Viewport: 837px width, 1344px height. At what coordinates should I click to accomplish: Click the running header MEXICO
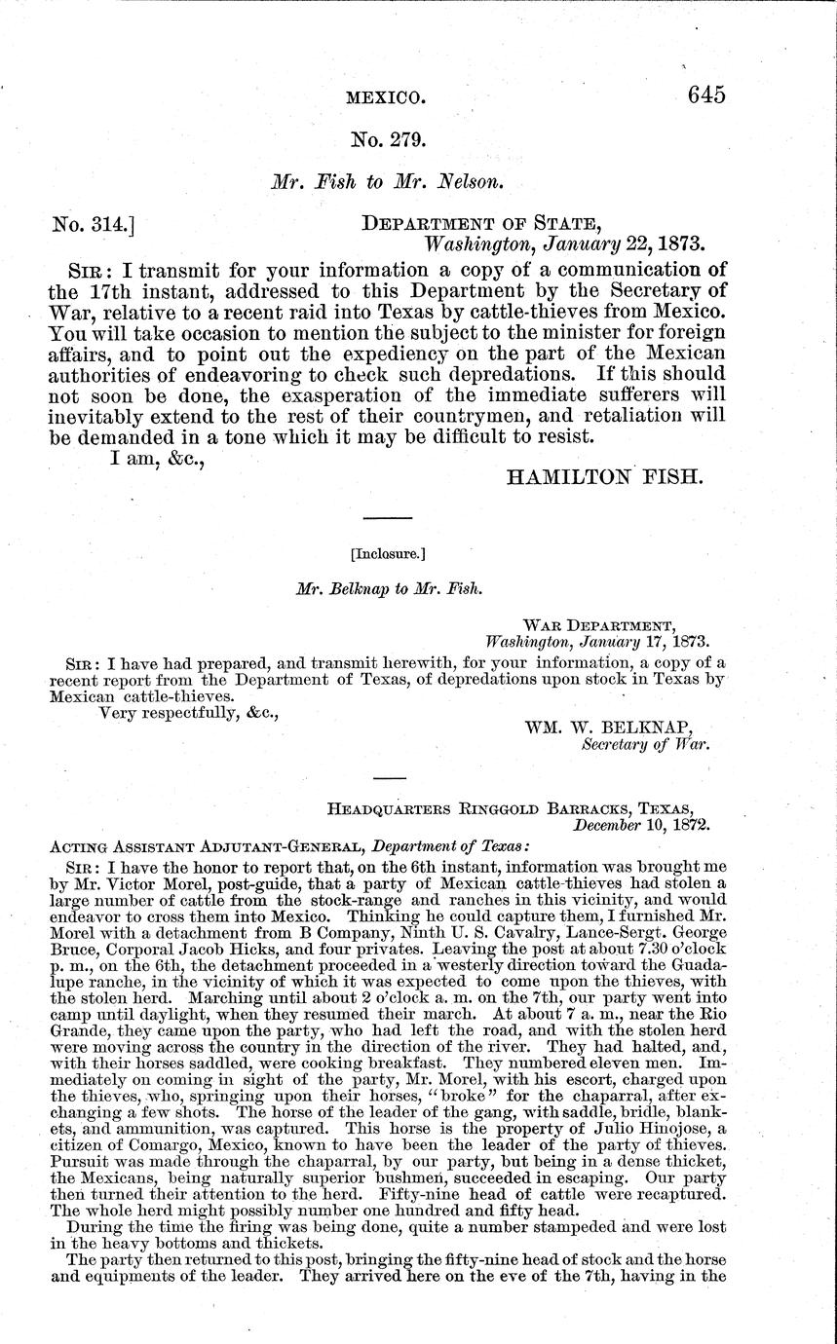tap(386, 98)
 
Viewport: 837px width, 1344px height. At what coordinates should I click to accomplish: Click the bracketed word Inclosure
tap(387, 554)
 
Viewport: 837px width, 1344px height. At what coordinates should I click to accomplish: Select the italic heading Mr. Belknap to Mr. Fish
tap(387, 589)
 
